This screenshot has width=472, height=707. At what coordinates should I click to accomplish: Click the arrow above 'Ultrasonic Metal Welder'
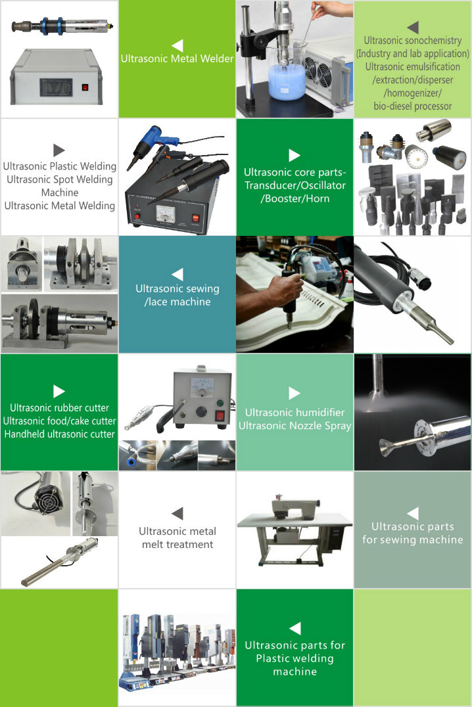click(x=177, y=45)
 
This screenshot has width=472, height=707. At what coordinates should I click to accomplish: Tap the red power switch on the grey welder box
click(x=85, y=87)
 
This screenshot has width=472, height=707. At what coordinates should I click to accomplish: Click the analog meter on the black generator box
click(x=165, y=212)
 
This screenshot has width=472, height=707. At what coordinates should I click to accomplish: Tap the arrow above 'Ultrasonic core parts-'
click(x=295, y=155)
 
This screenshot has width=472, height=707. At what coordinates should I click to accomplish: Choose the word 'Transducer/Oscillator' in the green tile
click(x=295, y=185)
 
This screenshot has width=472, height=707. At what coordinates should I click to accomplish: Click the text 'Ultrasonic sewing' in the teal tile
click(x=177, y=288)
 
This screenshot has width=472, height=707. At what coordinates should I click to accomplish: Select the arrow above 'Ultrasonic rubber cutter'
click(x=59, y=391)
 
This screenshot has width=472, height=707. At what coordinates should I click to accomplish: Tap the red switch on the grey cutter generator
click(x=220, y=415)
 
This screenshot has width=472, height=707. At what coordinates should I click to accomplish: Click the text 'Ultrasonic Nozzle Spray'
click(x=295, y=426)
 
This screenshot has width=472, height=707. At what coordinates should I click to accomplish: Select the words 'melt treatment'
click(x=177, y=545)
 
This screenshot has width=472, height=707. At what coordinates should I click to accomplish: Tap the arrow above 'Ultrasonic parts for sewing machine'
click(x=412, y=513)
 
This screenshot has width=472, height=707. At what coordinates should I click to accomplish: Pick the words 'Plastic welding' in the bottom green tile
click(x=295, y=658)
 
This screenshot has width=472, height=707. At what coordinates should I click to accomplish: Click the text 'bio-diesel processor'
click(x=412, y=106)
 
